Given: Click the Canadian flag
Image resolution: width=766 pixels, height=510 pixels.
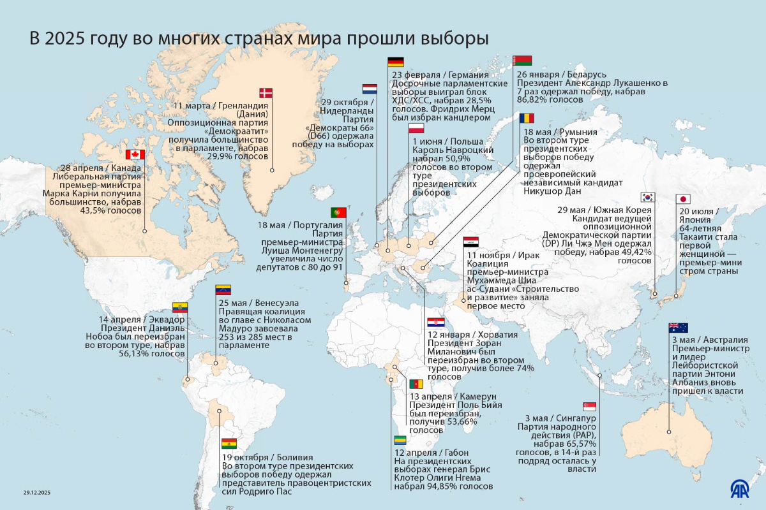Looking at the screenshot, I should pyautogui.click(x=135, y=154).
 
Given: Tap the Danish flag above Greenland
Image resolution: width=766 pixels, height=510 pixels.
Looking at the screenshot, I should pyautogui.click(x=265, y=92).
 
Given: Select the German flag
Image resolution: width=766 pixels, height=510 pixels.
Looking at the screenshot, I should pyautogui.click(x=396, y=62).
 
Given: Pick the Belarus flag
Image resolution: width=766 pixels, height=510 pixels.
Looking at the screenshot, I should pyautogui.click(x=522, y=60).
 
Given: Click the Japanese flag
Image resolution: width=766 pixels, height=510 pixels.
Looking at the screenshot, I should pyautogui.click(x=683, y=198).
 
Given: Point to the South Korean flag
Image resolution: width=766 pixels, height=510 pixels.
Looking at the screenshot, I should pyautogui.click(x=649, y=197).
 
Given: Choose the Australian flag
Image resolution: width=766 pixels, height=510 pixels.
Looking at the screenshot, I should pyautogui.click(x=678, y=328).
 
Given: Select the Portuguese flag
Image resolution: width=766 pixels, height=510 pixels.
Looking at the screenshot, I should pyautogui.click(x=338, y=212).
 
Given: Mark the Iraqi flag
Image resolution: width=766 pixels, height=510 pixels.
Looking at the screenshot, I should pyautogui.click(x=471, y=242).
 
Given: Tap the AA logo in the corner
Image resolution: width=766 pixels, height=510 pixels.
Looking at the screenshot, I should pyautogui.click(x=741, y=489).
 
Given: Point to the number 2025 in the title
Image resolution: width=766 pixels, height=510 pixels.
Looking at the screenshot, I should pyautogui.click(x=70, y=38).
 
